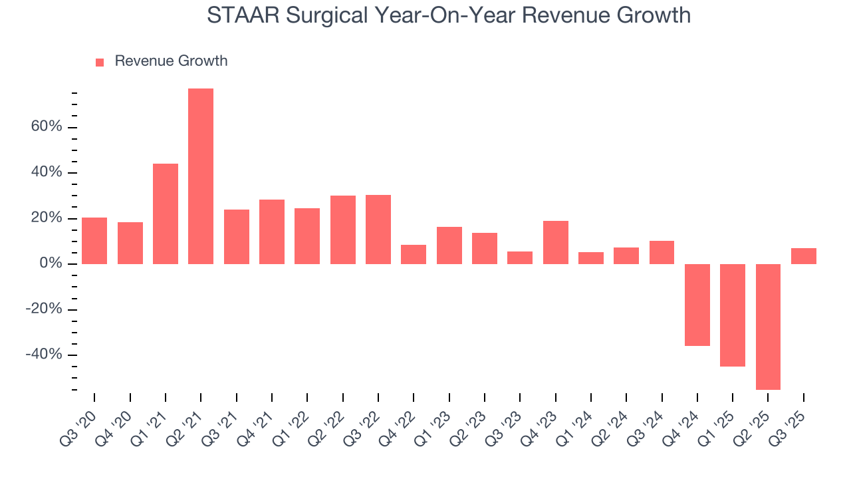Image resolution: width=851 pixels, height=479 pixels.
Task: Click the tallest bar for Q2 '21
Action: coord(201,176)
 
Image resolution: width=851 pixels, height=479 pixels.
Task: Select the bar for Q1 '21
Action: coord(166,214)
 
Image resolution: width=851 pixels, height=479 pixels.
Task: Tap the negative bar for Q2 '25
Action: coord(768,327)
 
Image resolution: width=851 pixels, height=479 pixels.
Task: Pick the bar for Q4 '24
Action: coord(697,305)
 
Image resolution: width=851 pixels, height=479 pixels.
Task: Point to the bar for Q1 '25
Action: coord(733,315)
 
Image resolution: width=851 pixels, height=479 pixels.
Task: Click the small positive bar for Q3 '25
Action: coord(803,256)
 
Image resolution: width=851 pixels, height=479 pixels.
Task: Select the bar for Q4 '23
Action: coord(555,242)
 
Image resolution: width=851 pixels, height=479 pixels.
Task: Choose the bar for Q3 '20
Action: coord(94,241)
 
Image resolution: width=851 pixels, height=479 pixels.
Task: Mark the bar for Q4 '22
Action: coord(414,254)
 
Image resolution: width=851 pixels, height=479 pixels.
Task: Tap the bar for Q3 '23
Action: coord(520,257)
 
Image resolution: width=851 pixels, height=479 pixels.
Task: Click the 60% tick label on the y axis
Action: coord(46,127)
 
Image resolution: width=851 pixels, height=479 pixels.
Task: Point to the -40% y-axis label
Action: coord(44,355)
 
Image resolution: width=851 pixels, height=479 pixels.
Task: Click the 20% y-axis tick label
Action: coord(46,218)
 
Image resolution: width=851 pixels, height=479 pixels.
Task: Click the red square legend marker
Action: coord(100,62)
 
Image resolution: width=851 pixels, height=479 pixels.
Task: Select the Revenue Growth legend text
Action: coord(171,61)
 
